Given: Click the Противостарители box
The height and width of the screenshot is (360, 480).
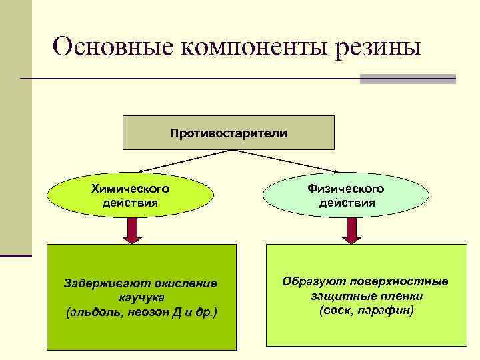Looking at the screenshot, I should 229,133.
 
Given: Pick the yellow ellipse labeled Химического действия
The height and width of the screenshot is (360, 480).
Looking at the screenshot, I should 131,194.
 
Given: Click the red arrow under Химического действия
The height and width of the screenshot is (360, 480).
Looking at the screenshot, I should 132,230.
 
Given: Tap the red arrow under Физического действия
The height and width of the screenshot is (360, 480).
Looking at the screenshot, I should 350,230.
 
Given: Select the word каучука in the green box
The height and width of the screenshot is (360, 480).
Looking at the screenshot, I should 141,297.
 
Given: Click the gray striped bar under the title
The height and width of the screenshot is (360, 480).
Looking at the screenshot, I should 407,79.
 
